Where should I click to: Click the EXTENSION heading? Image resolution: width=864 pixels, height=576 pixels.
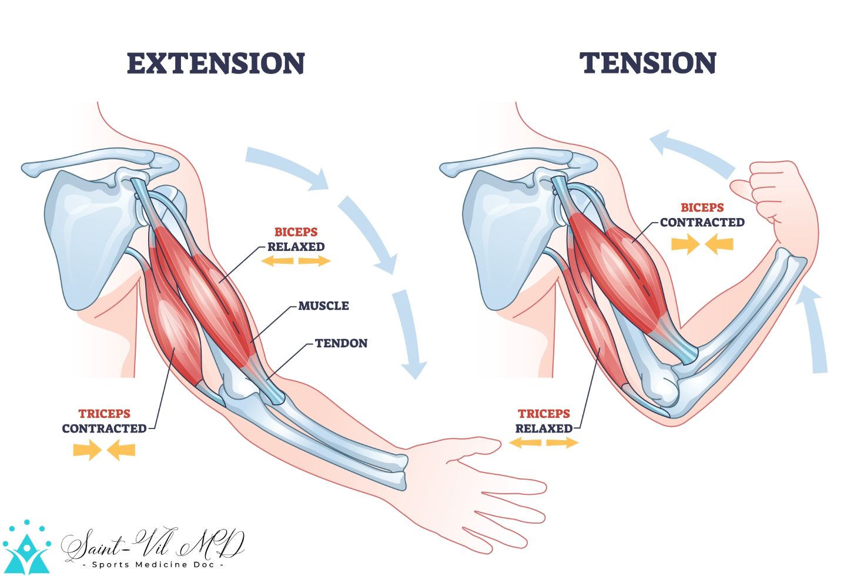tap(216, 63)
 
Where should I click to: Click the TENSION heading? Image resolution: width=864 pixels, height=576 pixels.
tap(648, 63)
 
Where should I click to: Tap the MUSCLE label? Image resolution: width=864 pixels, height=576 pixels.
tap(323, 306)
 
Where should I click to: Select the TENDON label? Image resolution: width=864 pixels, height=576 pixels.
tap(341, 343)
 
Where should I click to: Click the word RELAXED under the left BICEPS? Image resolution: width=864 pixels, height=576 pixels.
tap(296, 247)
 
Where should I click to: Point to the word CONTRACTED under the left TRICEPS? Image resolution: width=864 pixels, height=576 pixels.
tap(104, 429)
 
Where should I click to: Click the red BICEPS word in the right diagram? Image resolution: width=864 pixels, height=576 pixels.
tap(702, 207)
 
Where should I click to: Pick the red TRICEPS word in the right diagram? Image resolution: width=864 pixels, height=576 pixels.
tap(544, 414)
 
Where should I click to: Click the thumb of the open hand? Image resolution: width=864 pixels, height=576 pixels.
tap(470, 445)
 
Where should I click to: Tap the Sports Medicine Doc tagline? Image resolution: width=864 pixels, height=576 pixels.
tap(153, 565)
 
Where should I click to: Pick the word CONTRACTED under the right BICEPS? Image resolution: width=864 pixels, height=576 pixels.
tap(702, 223)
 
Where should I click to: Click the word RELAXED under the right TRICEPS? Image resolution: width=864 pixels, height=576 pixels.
tap(544, 428)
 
